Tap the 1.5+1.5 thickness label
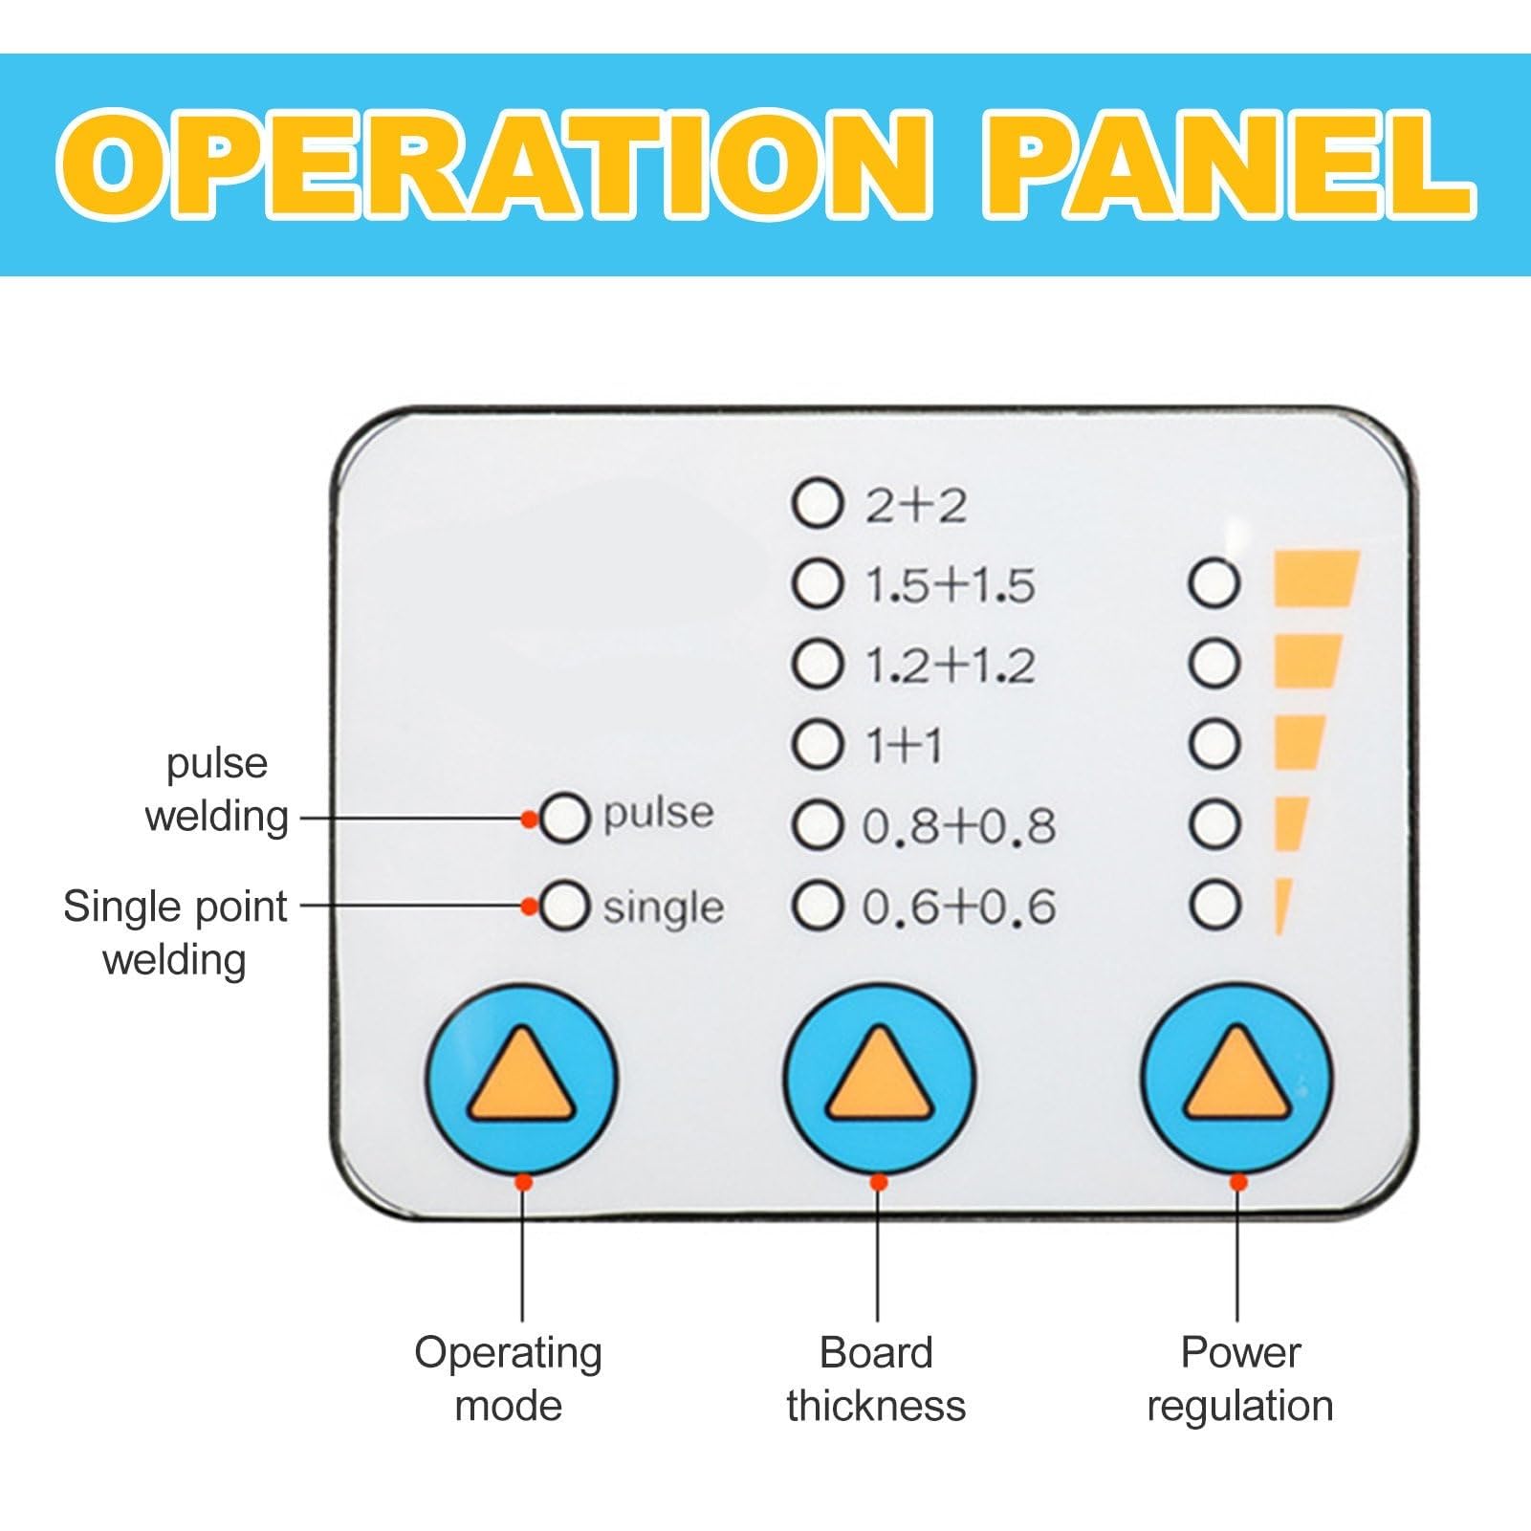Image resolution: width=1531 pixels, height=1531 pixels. [x=950, y=584]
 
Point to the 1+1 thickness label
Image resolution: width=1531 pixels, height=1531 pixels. [x=904, y=744]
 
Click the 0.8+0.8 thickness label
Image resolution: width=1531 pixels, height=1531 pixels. [x=959, y=825]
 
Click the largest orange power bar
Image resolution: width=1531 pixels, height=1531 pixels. [x=1317, y=579]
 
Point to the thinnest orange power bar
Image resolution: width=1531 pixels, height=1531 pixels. [x=1282, y=906]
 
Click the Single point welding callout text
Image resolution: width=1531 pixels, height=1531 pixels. [x=175, y=932]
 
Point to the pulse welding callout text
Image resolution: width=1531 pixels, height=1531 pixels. [x=217, y=790]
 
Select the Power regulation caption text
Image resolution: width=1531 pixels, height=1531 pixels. [x=1240, y=1380]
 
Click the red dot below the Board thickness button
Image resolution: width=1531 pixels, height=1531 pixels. [x=879, y=1183]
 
